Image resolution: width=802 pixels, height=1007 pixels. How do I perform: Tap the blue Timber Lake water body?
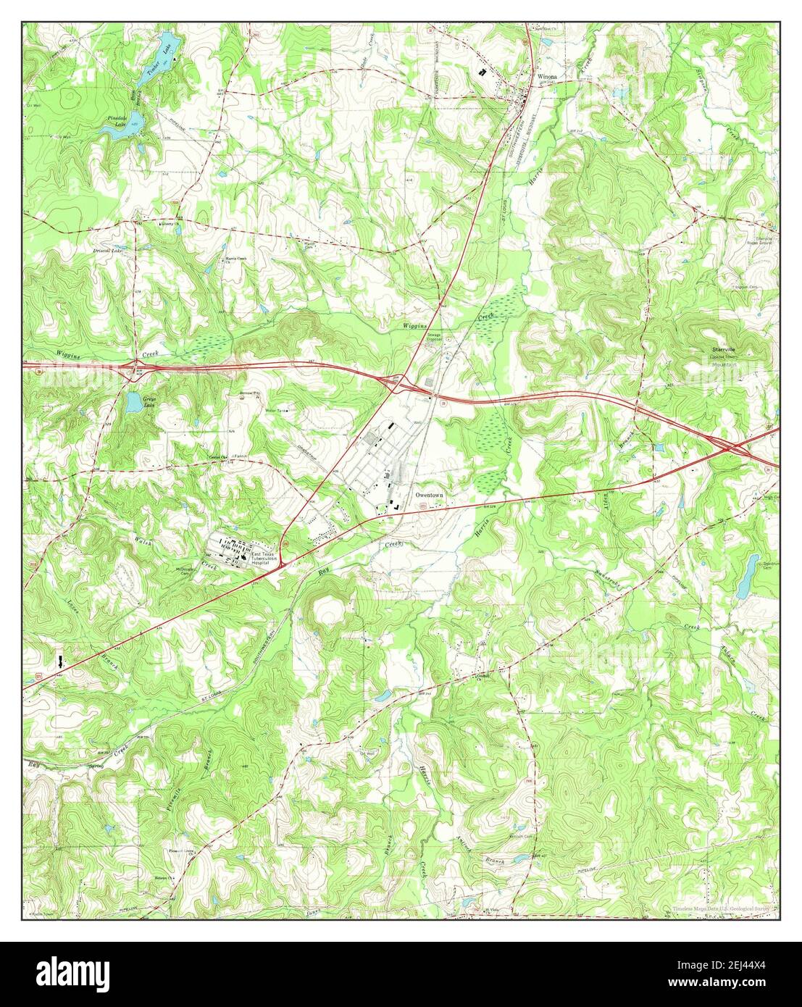coord(165,41)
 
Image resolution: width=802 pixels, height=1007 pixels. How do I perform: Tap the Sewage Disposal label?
coord(434,337)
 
